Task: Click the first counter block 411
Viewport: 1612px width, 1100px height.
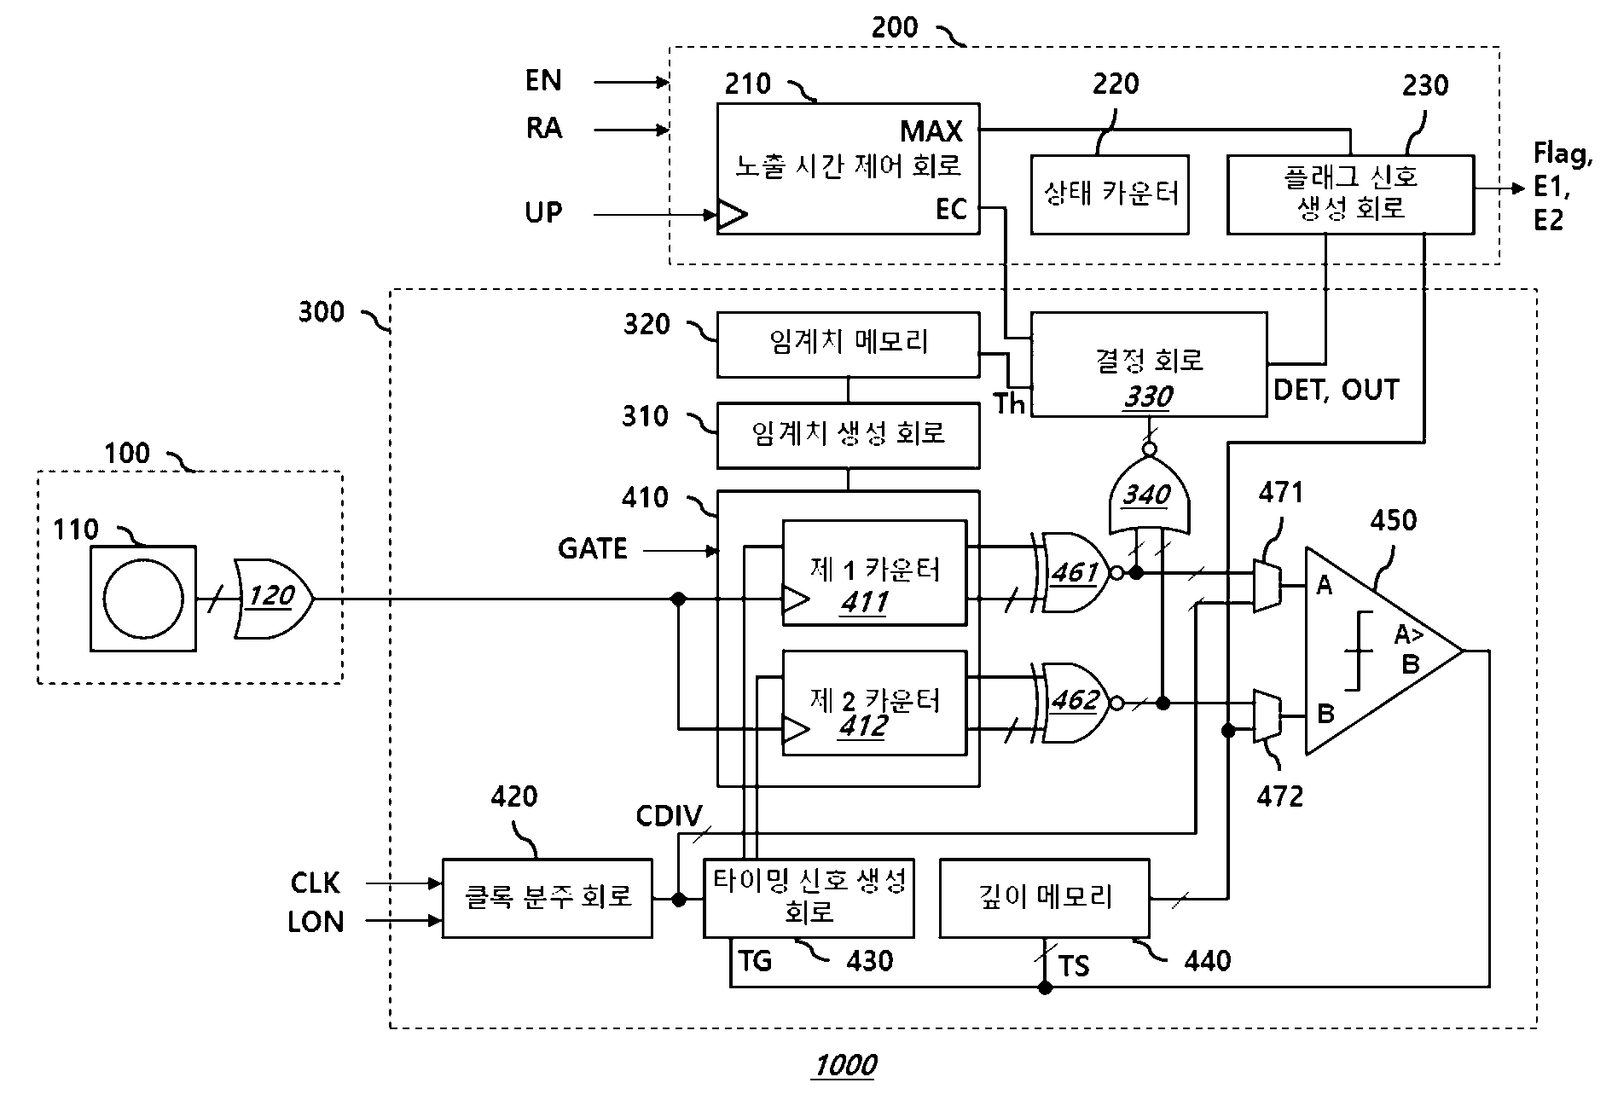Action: pyautogui.click(x=874, y=573)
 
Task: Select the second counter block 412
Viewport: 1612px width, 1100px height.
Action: pyautogui.click(x=874, y=703)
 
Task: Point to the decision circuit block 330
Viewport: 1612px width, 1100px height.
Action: pyautogui.click(x=1149, y=364)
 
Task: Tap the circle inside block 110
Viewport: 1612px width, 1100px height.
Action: pyautogui.click(x=143, y=599)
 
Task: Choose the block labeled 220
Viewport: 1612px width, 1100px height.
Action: pyautogui.click(x=1109, y=194)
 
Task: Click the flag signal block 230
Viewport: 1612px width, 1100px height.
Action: pyautogui.click(x=1350, y=194)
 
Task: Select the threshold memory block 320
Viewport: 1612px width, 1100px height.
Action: pyautogui.click(x=848, y=344)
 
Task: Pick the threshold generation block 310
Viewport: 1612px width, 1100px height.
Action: pyautogui.click(x=848, y=435)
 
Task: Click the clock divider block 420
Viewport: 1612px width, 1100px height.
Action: pyautogui.click(x=548, y=899)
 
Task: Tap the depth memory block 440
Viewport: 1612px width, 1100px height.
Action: pyautogui.click(x=1044, y=899)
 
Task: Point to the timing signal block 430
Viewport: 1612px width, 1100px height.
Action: pyautogui.click(x=809, y=899)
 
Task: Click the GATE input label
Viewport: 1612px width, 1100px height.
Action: pyautogui.click(x=592, y=548)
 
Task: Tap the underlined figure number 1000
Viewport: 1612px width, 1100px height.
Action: pyautogui.click(x=846, y=1066)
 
